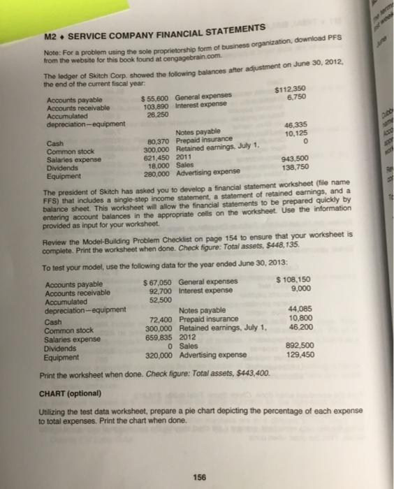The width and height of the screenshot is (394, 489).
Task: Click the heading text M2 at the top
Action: (50, 35)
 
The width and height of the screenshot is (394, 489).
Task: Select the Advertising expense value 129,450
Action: (297, 354)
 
